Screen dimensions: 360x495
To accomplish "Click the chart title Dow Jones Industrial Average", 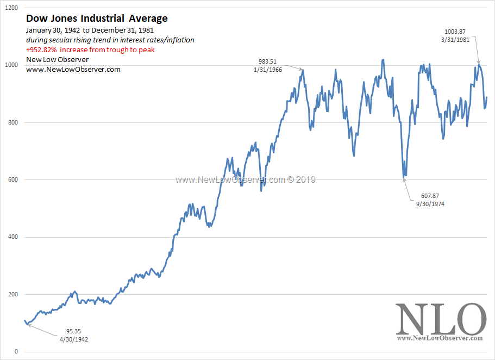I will (97, 18).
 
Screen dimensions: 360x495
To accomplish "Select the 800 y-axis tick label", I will (13, 123).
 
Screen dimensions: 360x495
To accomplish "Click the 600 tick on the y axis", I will (13, 180).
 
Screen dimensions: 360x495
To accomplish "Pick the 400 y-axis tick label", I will (13, 237).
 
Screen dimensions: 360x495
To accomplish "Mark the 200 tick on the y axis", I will (13, 295).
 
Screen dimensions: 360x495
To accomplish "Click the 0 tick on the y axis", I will (16, 352).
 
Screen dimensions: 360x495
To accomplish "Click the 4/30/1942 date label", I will (74, 339).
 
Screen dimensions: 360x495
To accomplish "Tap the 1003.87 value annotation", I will (455, 32).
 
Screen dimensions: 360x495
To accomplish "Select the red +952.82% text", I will (90, 49).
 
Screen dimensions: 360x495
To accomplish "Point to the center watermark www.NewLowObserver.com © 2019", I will (245, 179).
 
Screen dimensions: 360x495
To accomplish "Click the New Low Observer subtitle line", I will (57, 59).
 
